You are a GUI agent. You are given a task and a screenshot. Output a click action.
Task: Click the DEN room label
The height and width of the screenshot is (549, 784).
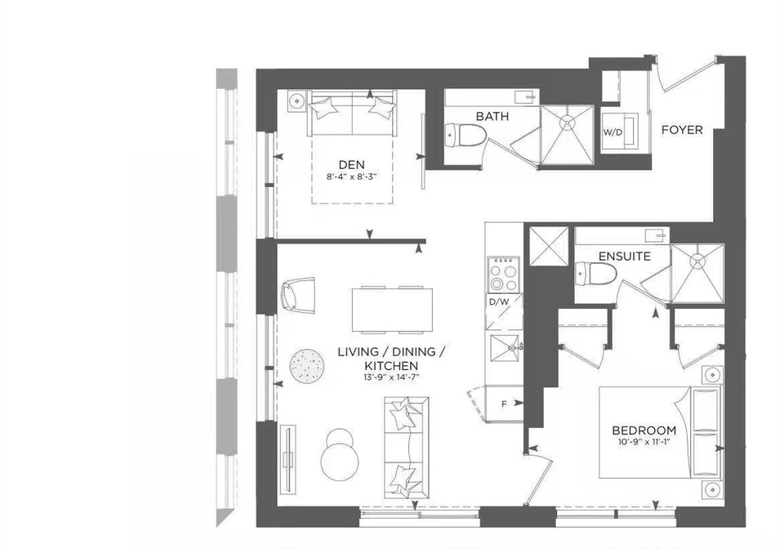pos(351,164)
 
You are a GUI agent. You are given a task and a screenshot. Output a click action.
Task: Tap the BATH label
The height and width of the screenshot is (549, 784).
pos(492,117)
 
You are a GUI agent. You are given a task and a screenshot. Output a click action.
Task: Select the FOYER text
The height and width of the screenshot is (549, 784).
pos(682,130)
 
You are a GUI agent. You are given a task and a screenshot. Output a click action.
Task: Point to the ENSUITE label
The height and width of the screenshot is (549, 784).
pos(625,257)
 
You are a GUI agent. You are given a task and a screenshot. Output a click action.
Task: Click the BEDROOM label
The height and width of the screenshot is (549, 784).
pos(644,430)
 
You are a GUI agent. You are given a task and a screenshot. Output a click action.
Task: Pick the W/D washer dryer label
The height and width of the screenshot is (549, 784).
pos(612,132)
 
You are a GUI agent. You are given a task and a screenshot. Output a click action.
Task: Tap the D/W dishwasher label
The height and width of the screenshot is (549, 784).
pos(498,302)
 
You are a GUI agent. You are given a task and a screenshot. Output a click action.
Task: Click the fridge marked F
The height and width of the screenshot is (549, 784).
pos(505,403)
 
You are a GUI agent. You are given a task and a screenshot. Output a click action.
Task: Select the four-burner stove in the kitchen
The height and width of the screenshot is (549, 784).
pos(503,274)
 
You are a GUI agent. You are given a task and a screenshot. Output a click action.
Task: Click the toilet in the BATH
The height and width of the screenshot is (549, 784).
pos(465,135)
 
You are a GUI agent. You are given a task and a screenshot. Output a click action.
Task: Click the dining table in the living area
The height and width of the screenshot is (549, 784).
pos(393,310)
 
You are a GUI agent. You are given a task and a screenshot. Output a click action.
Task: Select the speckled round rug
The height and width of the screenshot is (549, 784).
pos(308,367)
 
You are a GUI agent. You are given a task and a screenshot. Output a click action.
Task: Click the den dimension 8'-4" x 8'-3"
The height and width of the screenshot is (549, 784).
pos(351,176)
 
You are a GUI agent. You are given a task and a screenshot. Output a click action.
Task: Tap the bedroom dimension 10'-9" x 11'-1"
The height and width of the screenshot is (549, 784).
pos(644,441)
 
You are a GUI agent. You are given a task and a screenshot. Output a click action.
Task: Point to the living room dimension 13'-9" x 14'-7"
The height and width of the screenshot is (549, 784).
pos(391,377)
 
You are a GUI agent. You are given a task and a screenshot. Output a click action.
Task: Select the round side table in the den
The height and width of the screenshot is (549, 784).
pos(298,101)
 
